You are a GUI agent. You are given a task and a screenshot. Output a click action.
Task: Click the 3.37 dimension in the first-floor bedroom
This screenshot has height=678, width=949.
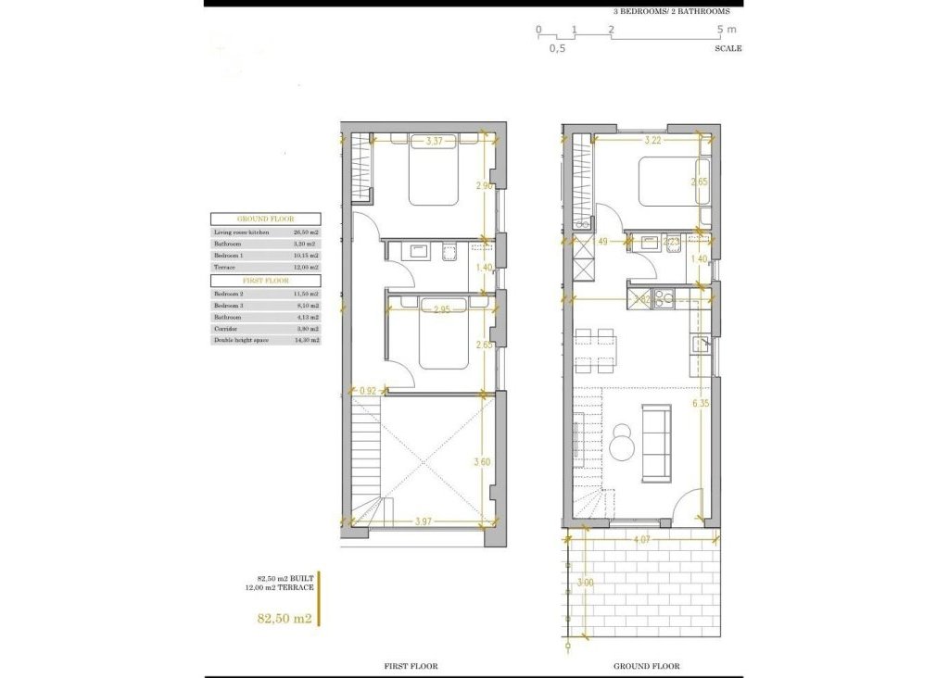(x=435, y=142)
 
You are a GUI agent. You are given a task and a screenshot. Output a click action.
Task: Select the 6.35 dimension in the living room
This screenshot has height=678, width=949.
(x=701, y=404)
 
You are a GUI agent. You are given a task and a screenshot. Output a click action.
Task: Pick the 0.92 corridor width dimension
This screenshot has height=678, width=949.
(x=369, y=392)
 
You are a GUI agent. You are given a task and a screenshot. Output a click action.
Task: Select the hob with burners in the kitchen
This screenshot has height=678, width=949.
(x=664, y=298)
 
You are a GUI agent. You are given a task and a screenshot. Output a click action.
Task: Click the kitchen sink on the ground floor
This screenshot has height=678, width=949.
(x=700, y=345)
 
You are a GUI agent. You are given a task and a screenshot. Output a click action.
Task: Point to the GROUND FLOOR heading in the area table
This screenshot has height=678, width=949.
(x=265, y=220)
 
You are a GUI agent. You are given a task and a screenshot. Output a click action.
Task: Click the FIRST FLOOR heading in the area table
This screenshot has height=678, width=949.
(x=265, y=281)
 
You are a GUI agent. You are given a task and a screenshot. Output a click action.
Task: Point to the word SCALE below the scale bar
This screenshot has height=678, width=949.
(x=728, y=48)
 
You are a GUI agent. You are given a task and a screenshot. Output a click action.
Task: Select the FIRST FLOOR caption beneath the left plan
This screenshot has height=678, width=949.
(x=411, y=666)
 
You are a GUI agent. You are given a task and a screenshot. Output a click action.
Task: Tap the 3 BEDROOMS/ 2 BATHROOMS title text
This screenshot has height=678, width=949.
(x=672, y=11)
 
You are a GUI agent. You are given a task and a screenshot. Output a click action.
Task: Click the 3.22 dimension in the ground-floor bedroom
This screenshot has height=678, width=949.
(x=652, y=142)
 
